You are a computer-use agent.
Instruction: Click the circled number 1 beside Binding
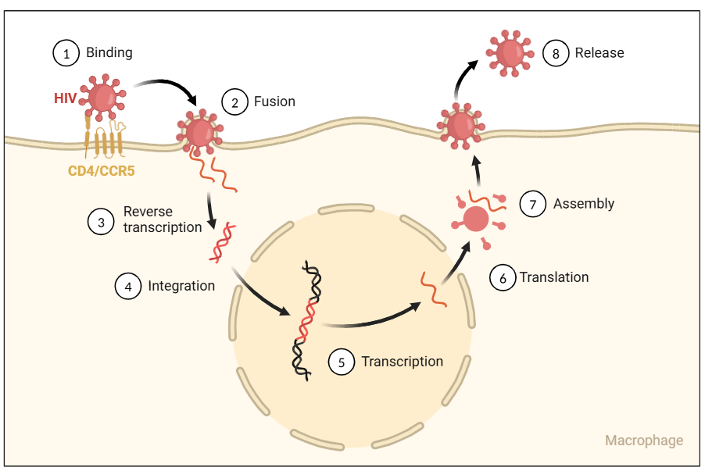pyautogui.click(x=66, y=53)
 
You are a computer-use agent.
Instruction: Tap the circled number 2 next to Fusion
pyautogui.click(x=234, y=102)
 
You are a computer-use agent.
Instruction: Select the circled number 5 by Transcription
pyautogui.click(x=342, y=362)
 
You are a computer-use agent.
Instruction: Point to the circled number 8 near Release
pyautogui.click(x=555, y=54)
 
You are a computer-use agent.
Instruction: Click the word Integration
pyautogui.click(x=181, y=286)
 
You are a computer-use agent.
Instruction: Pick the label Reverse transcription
pyautogui.click(x=163, y=219)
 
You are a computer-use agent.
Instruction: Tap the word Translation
pyautogui.click(x=554, y=277)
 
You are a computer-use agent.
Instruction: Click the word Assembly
pyautogui.click(x=584, y=204)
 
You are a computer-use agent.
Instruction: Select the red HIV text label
pyautogui.click(x=66, y=98)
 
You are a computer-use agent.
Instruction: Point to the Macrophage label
pyautogui.click(x=644, y=441)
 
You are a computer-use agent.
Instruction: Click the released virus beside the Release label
pyautogui.click(x=511, y=52)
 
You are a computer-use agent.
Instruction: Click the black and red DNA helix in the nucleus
pyautogui.click(x=306, y=320)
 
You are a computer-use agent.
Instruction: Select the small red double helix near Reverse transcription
pyautogui.click(x=220, y=241)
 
